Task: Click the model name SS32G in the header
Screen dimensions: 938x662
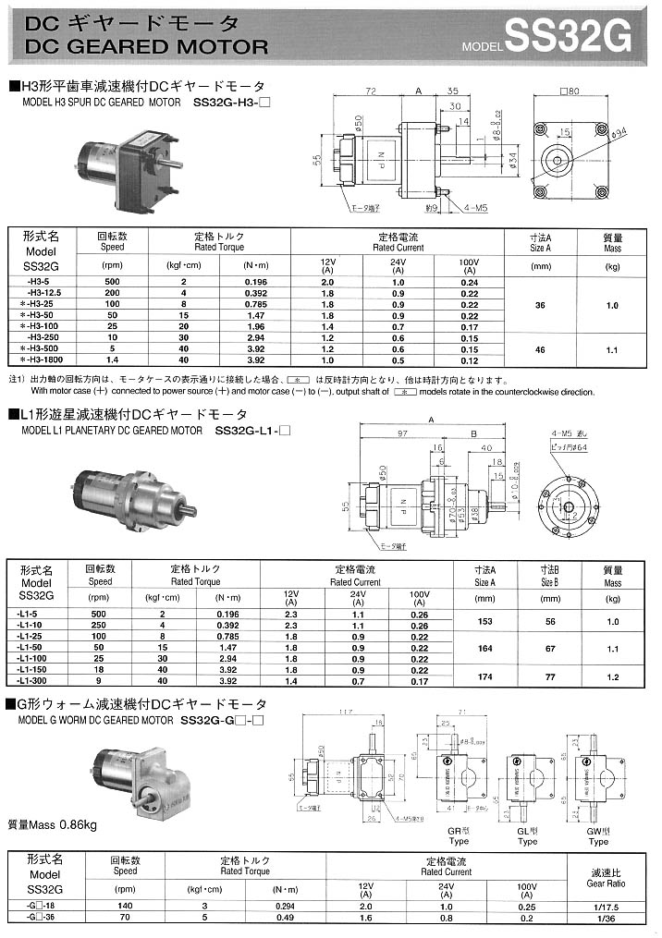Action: [x=570, y=40]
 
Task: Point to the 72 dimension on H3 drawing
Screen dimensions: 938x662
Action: [x=369, y=91]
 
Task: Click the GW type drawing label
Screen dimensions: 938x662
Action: [x=598, y=835]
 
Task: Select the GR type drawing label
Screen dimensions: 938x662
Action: [x=458, y=835]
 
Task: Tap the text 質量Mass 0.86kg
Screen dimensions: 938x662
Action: [x=53, y=824]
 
